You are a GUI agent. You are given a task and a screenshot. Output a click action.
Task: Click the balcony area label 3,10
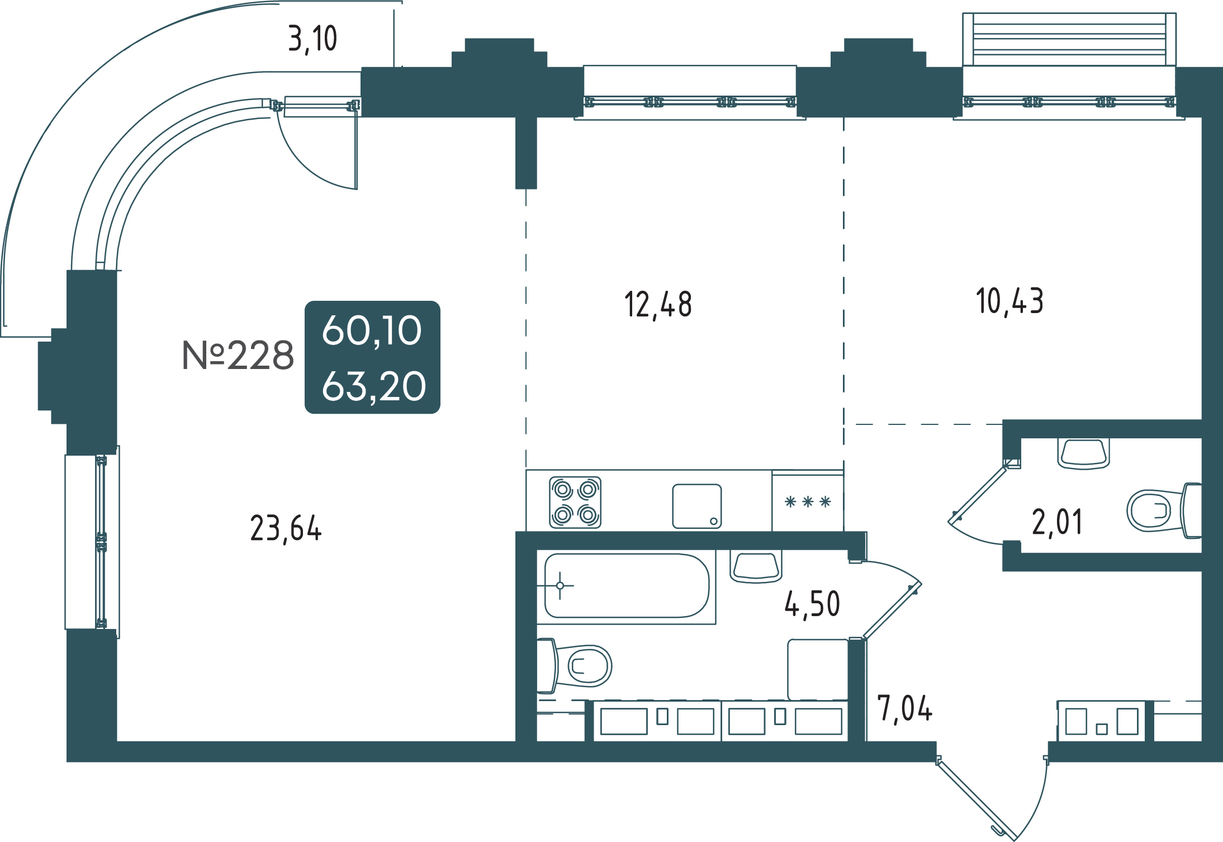pyautogui.click(x=312, y=39)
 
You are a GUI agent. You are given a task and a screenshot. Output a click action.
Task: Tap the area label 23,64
pyautogui.click(x=286, y=528)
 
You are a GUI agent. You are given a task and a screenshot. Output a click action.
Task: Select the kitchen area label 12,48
pyautogui.click(x=658, y=305)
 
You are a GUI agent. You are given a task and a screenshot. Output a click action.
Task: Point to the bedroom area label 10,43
pyautogui.click(x=1009, y=301)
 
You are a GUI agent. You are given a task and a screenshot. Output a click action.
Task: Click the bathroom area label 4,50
pyautogui.click(x=812, y=605)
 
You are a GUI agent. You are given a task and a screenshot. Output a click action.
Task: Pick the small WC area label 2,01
pyautogui.click(x=1057, y=522)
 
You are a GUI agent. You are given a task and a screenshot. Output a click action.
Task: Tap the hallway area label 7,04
pyautogui.click(x=904, y=708)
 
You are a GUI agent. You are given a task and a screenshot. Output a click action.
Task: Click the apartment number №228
pyautogui.click(x=238, y=355)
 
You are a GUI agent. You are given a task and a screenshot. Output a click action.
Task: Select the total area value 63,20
pyautogui.click(x=373, y=386)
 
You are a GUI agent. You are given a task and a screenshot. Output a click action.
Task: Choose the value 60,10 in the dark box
pyautogui.click(x=372, y=330)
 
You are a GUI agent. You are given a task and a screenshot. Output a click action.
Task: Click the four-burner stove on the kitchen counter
pyautogui.click(x=575, y=502)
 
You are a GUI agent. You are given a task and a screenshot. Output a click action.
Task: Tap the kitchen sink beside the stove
pyautogui.click(x=696, y=506)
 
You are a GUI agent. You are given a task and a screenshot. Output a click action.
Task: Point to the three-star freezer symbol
pyautogui.click(x=808, y=502)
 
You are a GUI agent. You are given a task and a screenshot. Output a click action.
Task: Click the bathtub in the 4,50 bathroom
pyautogui.click(x=627, y=586)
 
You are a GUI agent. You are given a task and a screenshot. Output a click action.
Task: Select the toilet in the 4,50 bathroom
pyautogui.click(x=574, y=665)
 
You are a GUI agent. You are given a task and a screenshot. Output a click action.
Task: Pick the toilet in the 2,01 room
pyautogui.click(x=1164, y=511)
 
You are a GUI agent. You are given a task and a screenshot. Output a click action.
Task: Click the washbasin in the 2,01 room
pyautogui.click(x=1083, y=453)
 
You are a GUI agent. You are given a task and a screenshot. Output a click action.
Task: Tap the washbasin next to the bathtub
pyautogui.click(x=756, y=566)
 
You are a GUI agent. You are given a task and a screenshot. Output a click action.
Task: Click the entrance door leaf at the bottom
pyautogui.click(x=976, y=800)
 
